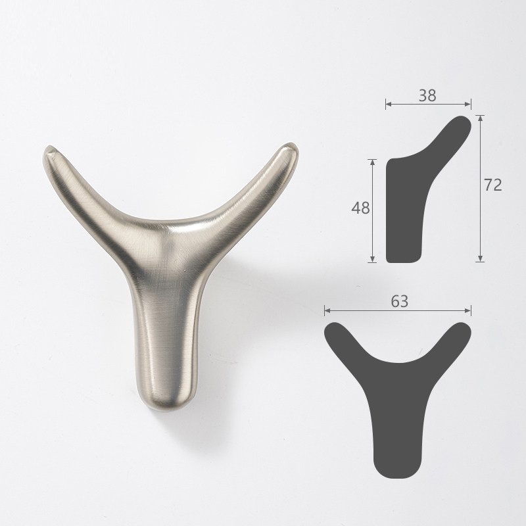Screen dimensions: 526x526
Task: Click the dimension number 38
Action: tap(427, 95)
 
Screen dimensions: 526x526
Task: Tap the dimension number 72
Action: tap(492, 185)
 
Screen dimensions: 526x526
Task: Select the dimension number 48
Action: tap(360, 208)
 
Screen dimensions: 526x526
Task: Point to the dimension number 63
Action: tap(399, 301)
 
